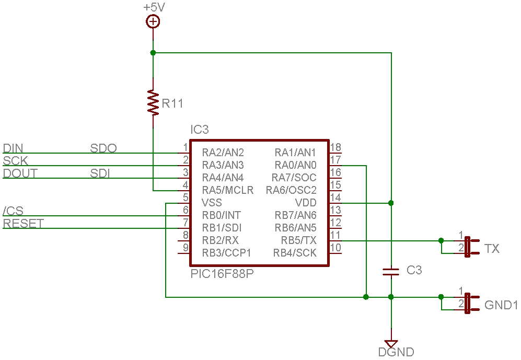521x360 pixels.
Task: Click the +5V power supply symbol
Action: [x=153, y=21]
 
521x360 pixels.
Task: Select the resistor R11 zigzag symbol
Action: [x=153, y=102]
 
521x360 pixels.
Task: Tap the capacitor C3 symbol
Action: [x=391, y=271]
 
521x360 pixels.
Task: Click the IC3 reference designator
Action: [x=200, y=130]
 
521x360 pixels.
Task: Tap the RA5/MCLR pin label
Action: [x=228, y=190]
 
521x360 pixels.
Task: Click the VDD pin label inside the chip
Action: [x=306, y=203]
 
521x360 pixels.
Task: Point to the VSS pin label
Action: [x=212, y=203]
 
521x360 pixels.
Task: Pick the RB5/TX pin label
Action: [x=298, y=240]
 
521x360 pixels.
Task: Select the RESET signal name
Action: [x=24, y=224]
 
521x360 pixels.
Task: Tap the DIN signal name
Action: [x=13, y=148]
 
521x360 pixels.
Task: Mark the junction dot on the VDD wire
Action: [x=391, y=203]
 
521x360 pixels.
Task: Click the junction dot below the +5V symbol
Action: [x=153, y=53]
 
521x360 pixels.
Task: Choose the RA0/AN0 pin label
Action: [x=295, y=165]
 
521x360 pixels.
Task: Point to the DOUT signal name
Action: [x=20, y=173]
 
